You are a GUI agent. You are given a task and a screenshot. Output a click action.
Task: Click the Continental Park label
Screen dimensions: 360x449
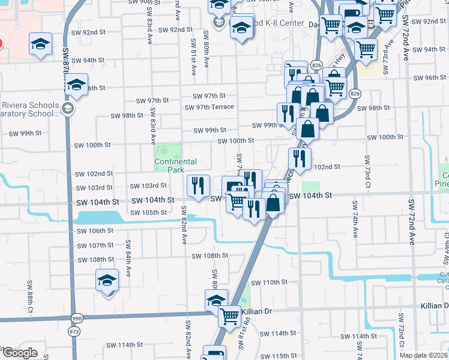175,166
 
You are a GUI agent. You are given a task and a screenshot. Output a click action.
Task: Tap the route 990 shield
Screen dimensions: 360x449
76,318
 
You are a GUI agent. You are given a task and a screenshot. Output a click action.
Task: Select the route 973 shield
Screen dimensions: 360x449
74,331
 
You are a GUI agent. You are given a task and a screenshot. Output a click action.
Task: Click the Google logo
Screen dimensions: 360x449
20,353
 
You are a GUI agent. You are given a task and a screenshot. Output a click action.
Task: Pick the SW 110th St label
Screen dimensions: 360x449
270,282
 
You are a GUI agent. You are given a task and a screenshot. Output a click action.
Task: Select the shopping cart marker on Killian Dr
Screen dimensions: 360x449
229,316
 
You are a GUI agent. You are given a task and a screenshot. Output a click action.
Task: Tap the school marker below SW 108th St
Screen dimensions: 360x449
107,281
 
